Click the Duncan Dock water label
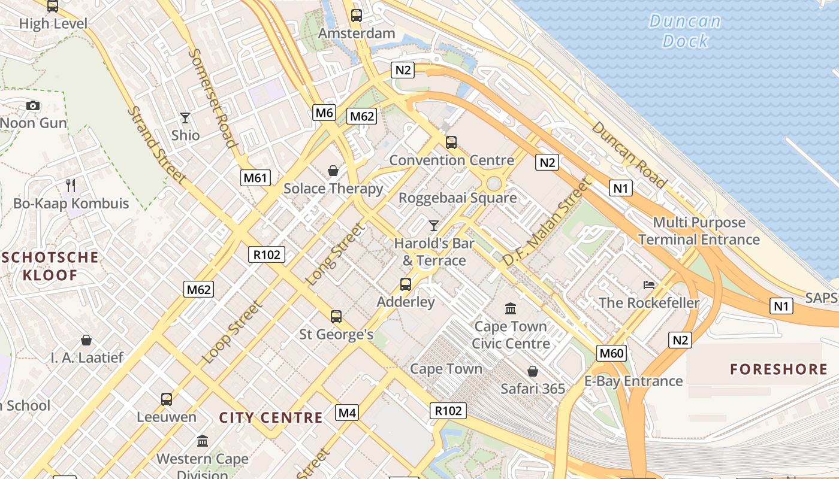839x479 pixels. pyautogui.click(x=685, y=31)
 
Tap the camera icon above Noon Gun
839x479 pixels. pyautogui.click(x=33, y=106)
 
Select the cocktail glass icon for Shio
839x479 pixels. pyautogui.click(x=185, y=118)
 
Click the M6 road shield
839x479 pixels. pyautogui.click(x=324, y=113)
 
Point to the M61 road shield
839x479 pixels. pyautogui.click(x=256, y=178)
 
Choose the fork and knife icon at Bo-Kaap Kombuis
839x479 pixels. pyautogui.click(x=71, y=186)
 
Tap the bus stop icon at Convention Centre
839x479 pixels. pyautogui.click(x=451, y=143)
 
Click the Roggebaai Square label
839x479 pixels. pyautogui.click(x=457, y=198)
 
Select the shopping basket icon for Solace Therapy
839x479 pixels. pyautogui.click(x=333, y=171)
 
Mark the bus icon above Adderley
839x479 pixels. pyautogui.click(x=406, y=284)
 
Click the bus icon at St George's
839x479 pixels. pyautogui.click(x=336, y=317)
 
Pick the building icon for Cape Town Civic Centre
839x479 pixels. pyautogui.click(x=511, y=309)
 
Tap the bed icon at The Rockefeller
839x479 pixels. pyautogui.click(x=649, y=284)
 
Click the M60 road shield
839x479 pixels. pyautogui.click(x=612, y=353)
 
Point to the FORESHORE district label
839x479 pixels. pyautogui.click(x=778, y=369)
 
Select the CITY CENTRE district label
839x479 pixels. pyautogui.click(x=271, y=417)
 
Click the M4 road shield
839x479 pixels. pyautogui.click(x=347, y=413)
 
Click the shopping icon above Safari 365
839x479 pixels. pyautogui.click(x=532, y=371)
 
